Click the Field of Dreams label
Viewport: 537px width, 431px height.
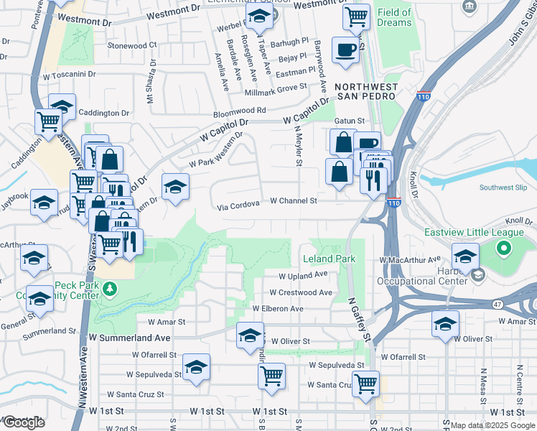(x=394, y=17)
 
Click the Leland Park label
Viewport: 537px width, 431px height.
(x=330, y=258)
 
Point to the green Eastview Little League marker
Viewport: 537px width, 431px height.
(x=503, y=249)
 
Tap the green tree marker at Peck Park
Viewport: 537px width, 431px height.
(x=109, y=289)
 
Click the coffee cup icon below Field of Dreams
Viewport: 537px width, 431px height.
(x=345, y=50)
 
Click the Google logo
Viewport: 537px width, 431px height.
(x=24, y=422)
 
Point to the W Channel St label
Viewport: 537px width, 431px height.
(x=294, y=201)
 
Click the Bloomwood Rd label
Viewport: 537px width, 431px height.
(x=239, y=111)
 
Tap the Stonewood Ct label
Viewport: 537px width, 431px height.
(x=131, y=45)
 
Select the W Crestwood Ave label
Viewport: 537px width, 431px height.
(x=301, y=292)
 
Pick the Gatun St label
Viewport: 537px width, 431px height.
(x=350, y=121)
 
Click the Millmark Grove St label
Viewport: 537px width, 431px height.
(x=276, y=87)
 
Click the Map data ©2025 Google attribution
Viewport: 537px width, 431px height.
(x=493, y=425)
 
